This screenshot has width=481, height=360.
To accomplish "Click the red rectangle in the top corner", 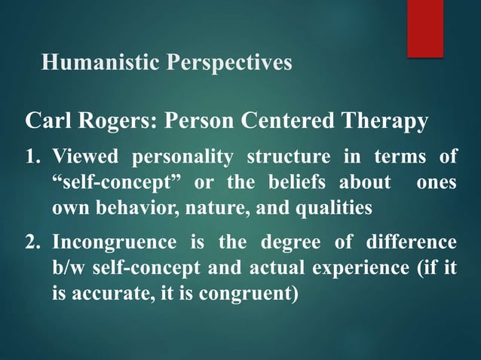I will click(x=436, y=27).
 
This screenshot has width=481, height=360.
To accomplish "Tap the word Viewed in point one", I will click(x=85, y=157).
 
